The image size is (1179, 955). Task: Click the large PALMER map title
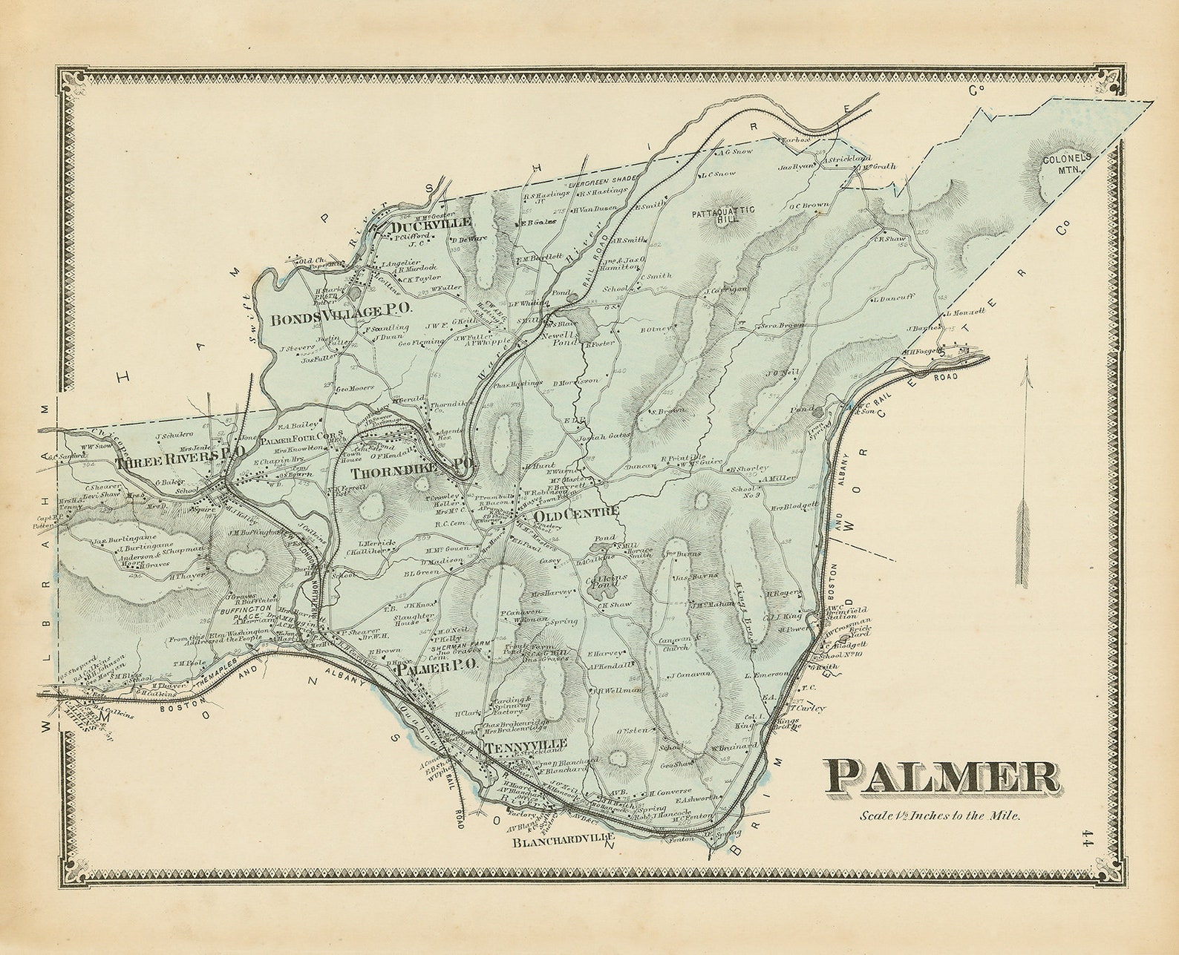[941, 777]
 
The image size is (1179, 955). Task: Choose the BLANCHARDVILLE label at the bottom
[564, 843]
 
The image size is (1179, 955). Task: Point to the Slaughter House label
[414, 619]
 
